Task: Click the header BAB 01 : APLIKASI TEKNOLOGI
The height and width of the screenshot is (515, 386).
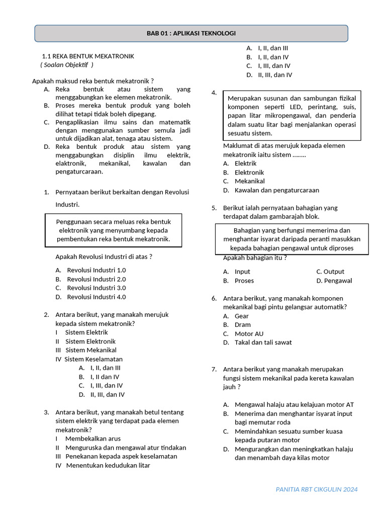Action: (x=191, y=33)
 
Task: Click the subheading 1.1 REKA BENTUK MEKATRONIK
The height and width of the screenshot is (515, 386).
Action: (x=88, y=56)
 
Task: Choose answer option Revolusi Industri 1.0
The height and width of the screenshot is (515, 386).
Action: (x=96, y=270)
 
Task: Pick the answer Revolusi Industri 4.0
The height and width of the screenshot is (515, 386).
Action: (x=96, y=297)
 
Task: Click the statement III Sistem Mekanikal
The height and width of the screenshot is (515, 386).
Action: (x=86, y=350)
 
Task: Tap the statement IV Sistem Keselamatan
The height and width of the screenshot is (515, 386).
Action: (x=89, y=359)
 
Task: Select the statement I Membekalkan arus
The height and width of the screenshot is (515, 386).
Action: (x=88, y=439)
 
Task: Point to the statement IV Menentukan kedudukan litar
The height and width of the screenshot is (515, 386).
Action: (x=103, y=465)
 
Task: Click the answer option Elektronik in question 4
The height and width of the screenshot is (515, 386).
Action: (x=249, y=173)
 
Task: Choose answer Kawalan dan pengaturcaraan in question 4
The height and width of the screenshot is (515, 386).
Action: (x=276, y=190)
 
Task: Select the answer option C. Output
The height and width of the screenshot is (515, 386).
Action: (x=330, y=272)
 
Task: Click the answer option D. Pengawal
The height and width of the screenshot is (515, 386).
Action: (x=334, y=281)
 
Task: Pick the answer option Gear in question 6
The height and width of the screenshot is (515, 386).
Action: (x=241, y=316)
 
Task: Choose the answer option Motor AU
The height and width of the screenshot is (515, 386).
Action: (x=249, y=333)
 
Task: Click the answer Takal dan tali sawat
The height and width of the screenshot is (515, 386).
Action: (x=263, y=342)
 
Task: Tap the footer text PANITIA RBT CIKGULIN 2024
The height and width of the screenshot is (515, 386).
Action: (x=317, y=489)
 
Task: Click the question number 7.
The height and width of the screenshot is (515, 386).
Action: (x=214, y=369)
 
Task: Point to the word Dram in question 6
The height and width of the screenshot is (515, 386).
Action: (x=242, y=325)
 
